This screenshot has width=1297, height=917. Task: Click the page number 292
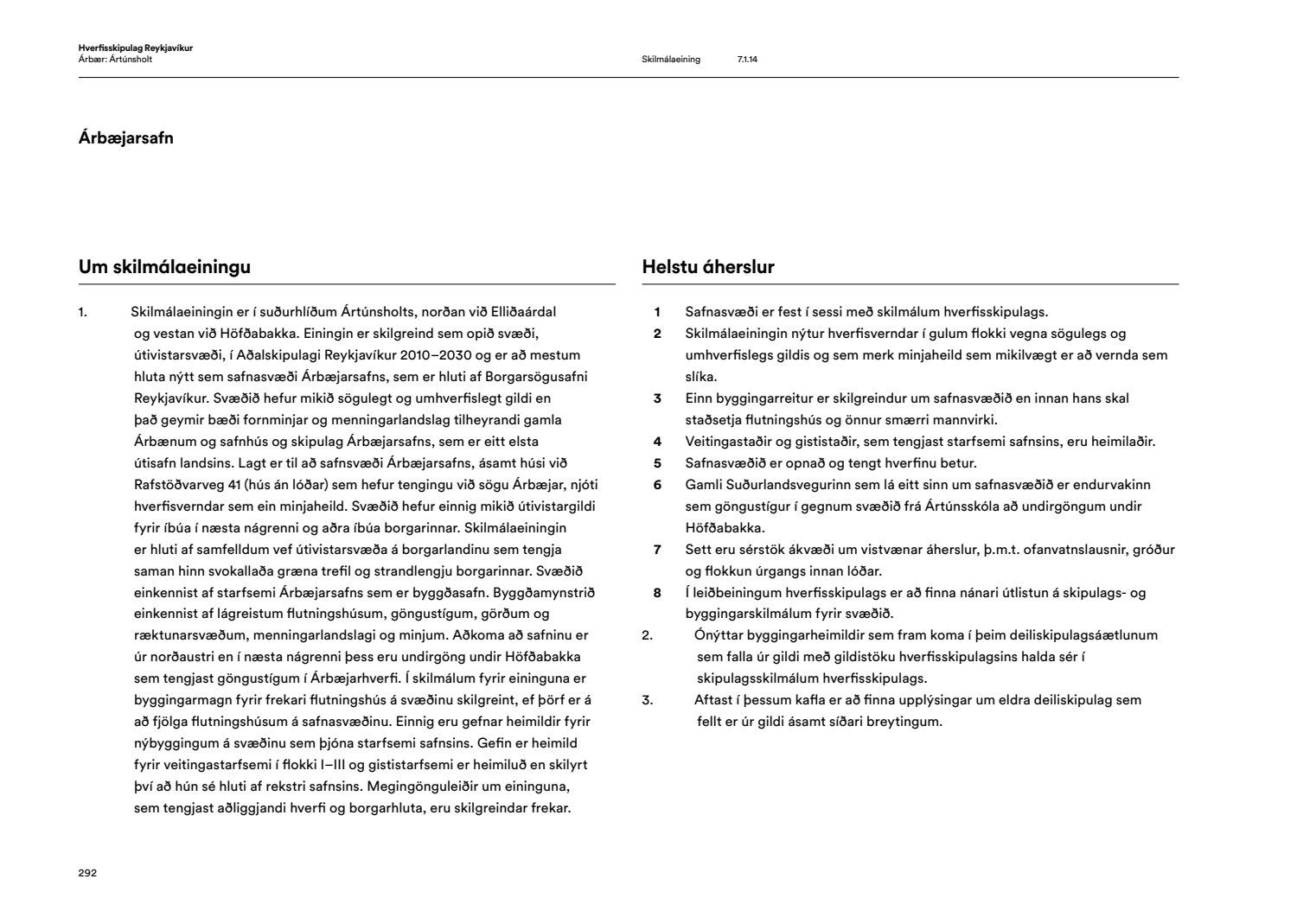87,873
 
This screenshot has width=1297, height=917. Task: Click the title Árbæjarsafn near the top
125,137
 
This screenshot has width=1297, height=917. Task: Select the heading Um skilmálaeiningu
164,267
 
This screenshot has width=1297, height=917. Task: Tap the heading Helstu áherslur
708,267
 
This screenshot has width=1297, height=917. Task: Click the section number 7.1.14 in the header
747,60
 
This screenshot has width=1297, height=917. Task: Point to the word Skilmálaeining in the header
671,60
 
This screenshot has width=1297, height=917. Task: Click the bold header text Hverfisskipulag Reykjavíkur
135,48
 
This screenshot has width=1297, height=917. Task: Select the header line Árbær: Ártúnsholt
115,60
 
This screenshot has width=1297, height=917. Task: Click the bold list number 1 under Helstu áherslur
657,312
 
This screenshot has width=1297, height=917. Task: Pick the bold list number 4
657,442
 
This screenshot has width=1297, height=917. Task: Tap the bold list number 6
657,485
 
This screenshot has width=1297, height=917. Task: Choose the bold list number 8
657,593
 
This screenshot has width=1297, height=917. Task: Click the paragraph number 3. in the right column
647,700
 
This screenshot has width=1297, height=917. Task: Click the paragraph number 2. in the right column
647,635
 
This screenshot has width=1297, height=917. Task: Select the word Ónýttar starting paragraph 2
720,635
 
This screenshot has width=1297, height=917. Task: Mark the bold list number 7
657,550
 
